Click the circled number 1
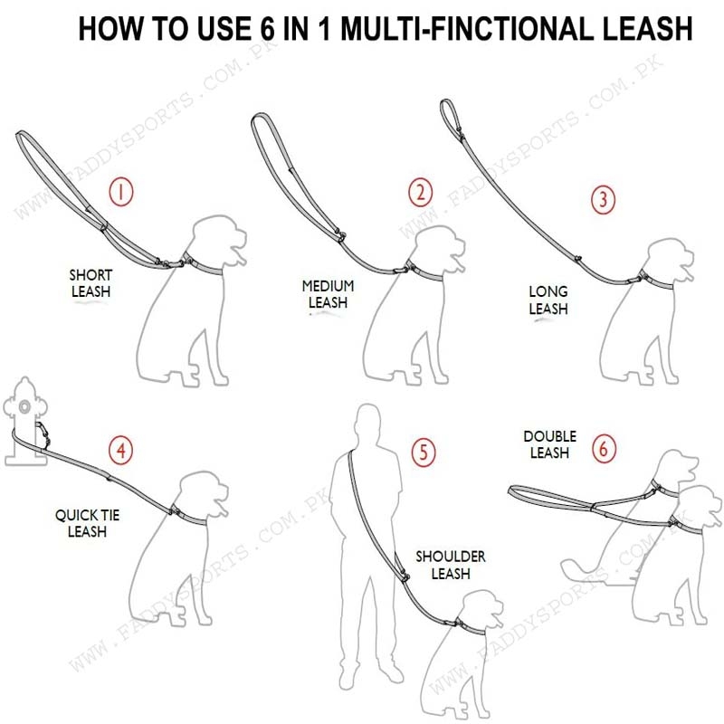pyautogui.click(x=121, y=192)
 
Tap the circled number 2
pyautogui.click(x=420, y=192)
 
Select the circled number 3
pyautogui.click(x=603, y=199)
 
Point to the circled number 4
pyautogui.click(x=121, y=450)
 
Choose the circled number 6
pyautogui.click(x=604, y=448)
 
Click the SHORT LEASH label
pyautogui.click(x=90, y=283)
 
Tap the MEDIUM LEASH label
pyautogui.click(x=328, y=294)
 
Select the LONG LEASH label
pyautogui.click(x=548, y=300)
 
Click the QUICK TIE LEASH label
pyautogui.click(x=87, y=523)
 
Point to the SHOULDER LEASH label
pyautogui.click(x=450, y=565)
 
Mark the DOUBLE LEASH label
pyautogui.click(x=549, y=444)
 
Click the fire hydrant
pyautogui.click(x=25, y=421)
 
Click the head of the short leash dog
pyautogui.click(x=218, y=240)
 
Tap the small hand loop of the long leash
pyautogui.click(x=451, y=117)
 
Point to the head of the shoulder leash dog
pyautogui.click(x=482, y=610)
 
